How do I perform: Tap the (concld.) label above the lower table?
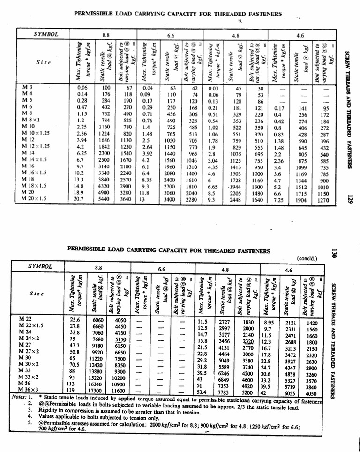click(307, 258)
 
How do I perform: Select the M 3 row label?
click(28, 87)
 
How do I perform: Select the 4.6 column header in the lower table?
click(289, 270)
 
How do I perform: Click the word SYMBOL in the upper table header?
click(46, 35)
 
